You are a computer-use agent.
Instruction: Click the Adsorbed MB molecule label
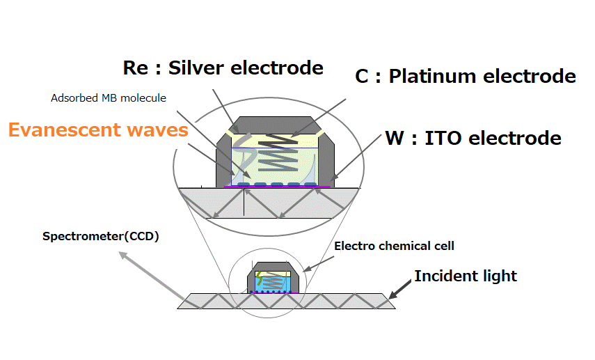coord(108,98)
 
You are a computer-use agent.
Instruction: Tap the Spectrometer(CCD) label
coord(101,236)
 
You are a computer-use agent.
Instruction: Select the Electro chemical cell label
coord(394,246)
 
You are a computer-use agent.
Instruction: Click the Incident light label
coord(466,276)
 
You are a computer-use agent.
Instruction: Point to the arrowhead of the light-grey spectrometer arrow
coord(122,256)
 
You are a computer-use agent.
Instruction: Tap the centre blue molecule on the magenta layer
coord(277,185)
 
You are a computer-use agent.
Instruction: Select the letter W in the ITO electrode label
coord(394,138)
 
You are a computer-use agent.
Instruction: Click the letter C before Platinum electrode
coord(362,77)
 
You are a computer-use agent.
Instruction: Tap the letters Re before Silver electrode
coord(135,68)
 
